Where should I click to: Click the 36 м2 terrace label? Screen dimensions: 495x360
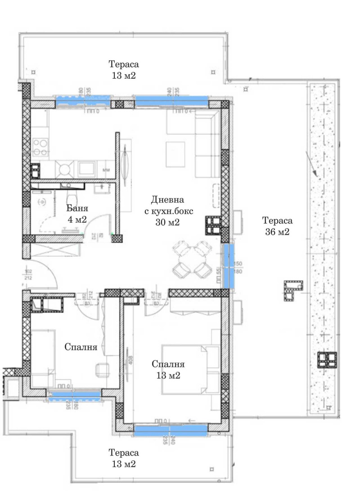pyautogui.click(x=277, y=226)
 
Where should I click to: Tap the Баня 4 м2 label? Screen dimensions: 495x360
pyautogui.click(x=77, y=214)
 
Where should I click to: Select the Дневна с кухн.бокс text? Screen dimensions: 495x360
pyautogui.click(x=168, y=210)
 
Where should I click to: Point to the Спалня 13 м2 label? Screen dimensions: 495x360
pyautogui.click(x=168, y=369)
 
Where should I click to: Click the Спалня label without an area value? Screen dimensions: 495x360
pyautogui.click(x=81, y=347)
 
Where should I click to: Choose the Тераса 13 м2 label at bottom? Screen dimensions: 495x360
pyautogui.click(x=123, y=458)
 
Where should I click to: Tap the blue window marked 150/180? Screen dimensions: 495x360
pyautogui.click(x=229, y=265)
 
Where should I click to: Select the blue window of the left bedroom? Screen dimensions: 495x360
pyautogui.click(x=74, y=395)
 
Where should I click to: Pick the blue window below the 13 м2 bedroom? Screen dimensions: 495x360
pyautogui.click(x=171, y=431)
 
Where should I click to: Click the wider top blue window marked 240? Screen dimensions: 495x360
pyautogui.click(x=171, y=101)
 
